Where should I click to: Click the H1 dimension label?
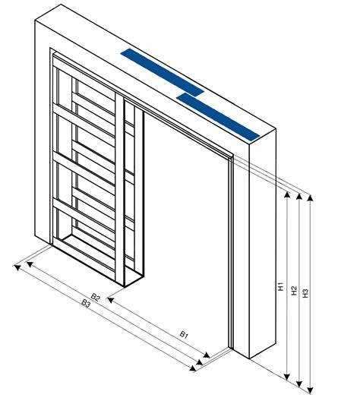click(281, 286)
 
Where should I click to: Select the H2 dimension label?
click(294, 291)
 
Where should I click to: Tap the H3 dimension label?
click(305, 293)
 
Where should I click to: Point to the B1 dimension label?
click(184, 334)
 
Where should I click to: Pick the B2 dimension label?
click(96, 298)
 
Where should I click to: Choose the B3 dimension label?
click(87, 303)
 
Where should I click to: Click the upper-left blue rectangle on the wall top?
click(163, 72)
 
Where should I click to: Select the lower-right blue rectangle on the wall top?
click(218, 117)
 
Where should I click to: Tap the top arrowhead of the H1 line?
click(287, 194)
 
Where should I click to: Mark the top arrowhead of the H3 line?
click(311, 197)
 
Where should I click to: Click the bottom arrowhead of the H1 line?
click(287, 377)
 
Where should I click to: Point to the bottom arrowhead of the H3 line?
click(311, 390)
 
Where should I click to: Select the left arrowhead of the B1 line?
click(111, 300)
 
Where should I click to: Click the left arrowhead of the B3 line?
click(17, 268)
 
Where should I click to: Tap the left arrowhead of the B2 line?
click(30, 264)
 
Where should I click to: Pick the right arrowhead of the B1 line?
click(207, 355)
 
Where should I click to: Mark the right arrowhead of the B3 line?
click(192, 368)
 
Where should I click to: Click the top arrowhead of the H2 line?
click(299, 197)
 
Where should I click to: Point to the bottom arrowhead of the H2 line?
click(299, 383)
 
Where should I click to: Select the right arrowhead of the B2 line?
click(200, 362)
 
